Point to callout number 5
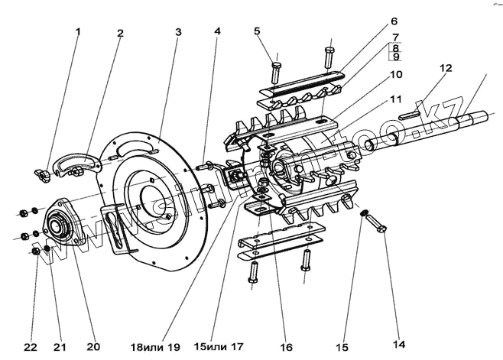click(x=217, y=31)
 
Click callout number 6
click(x=257, y=31)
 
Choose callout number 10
click(x=394, y=22)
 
